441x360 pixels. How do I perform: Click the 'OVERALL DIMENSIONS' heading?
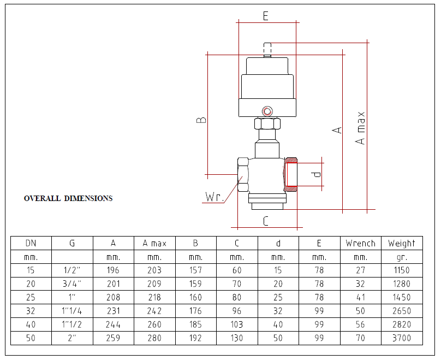tap(68, 198)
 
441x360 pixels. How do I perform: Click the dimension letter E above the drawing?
tap(265, 16)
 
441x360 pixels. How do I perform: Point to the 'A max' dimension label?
tap(360, 128)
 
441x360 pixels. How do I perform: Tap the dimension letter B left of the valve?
tap(201, 120)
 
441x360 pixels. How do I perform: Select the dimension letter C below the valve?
tap(265, 221)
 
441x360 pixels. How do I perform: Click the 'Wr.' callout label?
tap(214, 197)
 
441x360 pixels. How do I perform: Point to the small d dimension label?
tap(317, 174)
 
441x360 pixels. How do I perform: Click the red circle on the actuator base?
tap(267, 111)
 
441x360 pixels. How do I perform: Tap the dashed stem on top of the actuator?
tap(267, 50)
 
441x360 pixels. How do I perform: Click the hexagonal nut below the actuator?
tap(267, 123)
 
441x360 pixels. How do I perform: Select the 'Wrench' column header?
tap(361, 243)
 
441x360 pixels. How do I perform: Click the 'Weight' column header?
tap(402, 243)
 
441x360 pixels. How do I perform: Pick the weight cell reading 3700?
tap(402, 338)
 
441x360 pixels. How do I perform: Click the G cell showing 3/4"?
tap(72, 284)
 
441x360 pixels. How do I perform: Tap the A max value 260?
tap(154, 324)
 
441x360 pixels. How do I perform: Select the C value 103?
tap(237, 324)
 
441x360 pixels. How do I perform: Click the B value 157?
tap(195, 270)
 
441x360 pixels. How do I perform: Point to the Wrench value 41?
tap(360, 297)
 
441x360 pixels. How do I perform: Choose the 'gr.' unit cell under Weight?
tap(402, 257)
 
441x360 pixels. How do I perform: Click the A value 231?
tap(114, 311)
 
